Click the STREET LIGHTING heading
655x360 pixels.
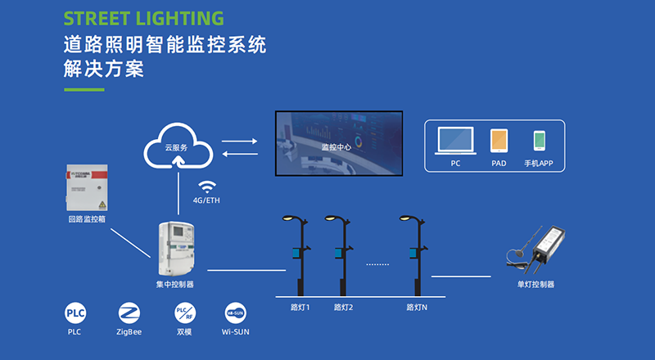point(143,17)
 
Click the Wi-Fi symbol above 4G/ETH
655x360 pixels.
point(206,186)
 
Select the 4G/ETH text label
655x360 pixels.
point(206,200)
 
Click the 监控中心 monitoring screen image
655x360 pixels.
point(340,145)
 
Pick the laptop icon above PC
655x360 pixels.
point(455,140)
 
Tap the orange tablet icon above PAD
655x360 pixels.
point(499,140)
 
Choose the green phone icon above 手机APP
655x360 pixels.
point(540,140)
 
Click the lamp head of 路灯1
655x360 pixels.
point(289,218)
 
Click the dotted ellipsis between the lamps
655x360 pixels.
point(377,263)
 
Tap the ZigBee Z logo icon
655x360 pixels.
point(129,313)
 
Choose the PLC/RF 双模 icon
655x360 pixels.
point(184,313)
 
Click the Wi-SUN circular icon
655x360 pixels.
point(235,313)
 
